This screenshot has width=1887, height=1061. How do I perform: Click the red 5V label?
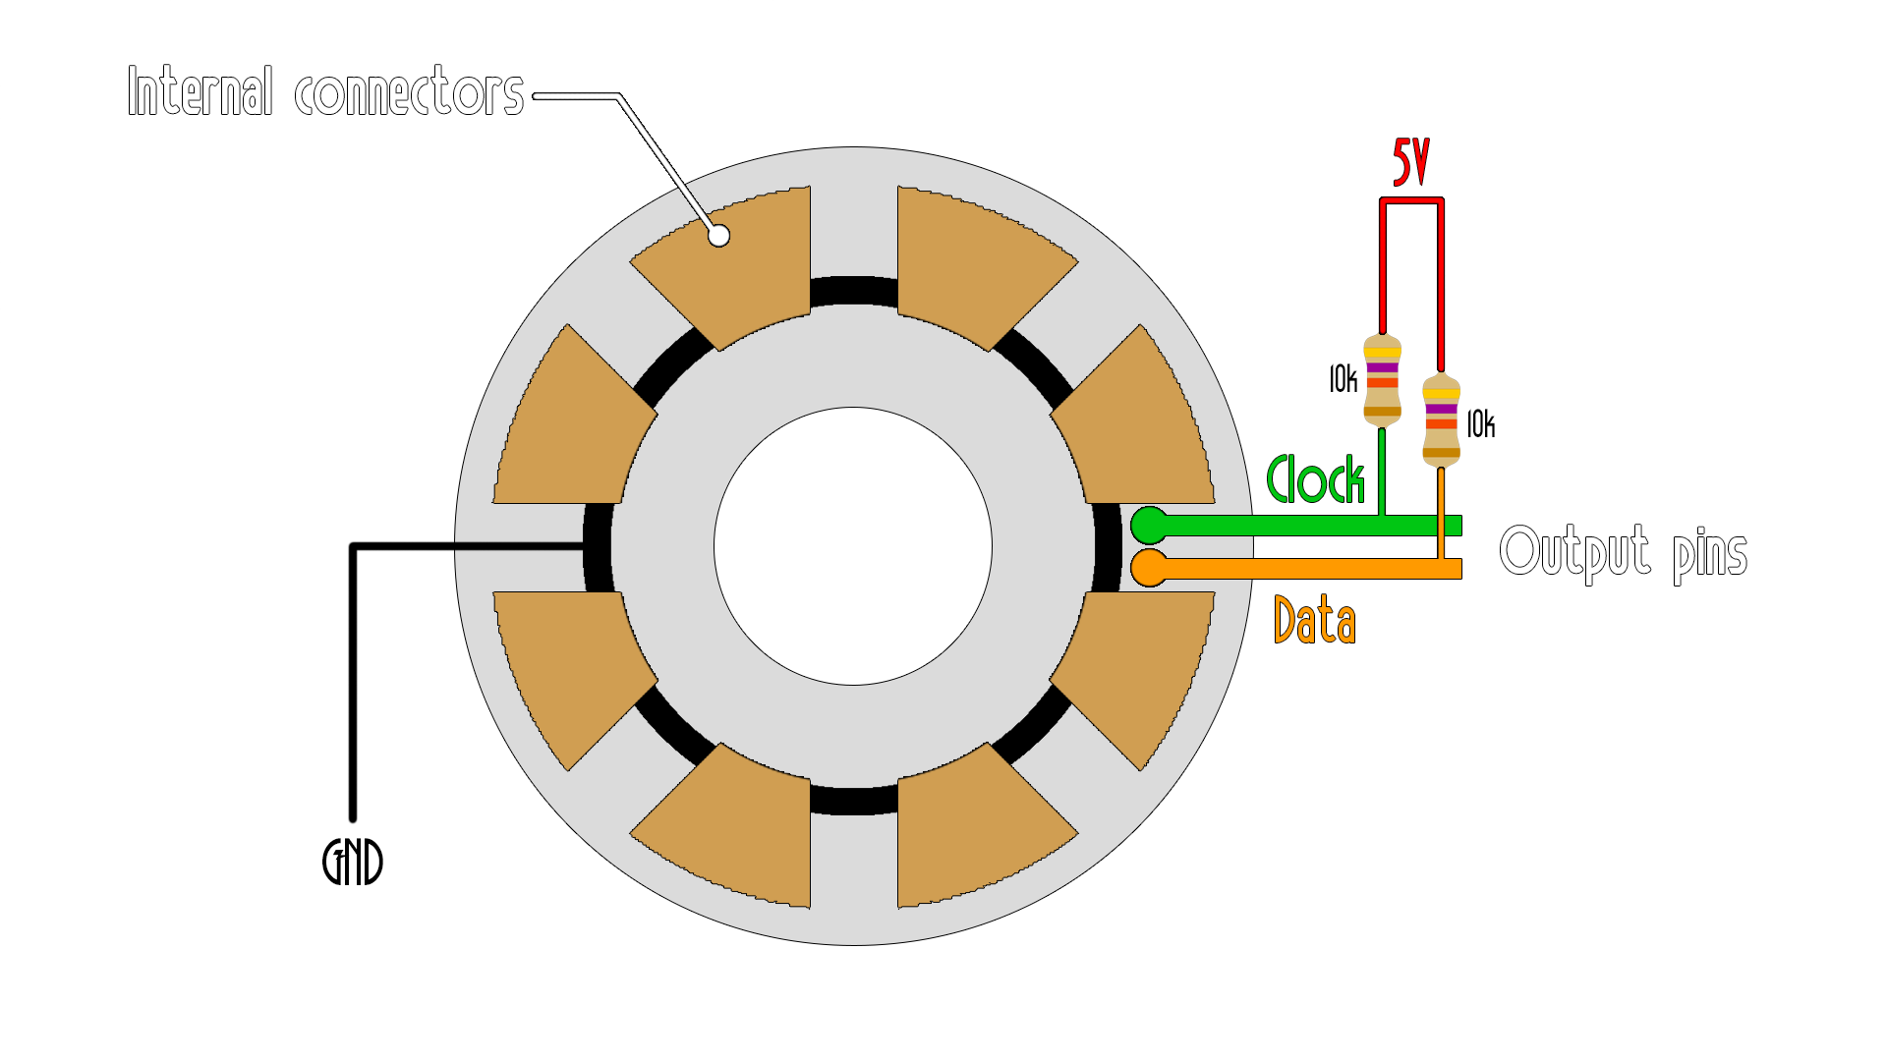tap(1410, 162)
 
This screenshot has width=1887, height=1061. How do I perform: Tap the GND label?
tap(353, 862)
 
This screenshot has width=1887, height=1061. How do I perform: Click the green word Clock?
tap(1315, 479)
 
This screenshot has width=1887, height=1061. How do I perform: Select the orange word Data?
tap(1314, 620)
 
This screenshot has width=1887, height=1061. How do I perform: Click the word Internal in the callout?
tap(200, 91)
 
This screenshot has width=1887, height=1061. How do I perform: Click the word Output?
tap(1574, 551)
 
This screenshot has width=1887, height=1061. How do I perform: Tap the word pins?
tap(1710, 553)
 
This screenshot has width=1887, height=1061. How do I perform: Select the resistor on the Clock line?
tap(1382, 381)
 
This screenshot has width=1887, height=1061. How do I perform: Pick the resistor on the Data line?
tap(1441, 420)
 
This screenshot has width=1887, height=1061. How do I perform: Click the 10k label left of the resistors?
tap(1343, 379)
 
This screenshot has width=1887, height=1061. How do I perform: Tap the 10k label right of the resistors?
tap(1480, 424)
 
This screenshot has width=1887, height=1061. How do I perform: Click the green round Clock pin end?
tap(1149, 526)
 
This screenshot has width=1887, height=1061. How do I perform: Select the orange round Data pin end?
tap(1149, 568)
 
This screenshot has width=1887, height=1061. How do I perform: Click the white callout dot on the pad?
tap(719, 236)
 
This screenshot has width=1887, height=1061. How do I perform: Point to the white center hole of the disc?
tap(853, 546)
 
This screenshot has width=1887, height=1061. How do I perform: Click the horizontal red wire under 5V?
tap(1411, 201)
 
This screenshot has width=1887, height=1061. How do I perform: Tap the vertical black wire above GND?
tap(353, 688)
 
